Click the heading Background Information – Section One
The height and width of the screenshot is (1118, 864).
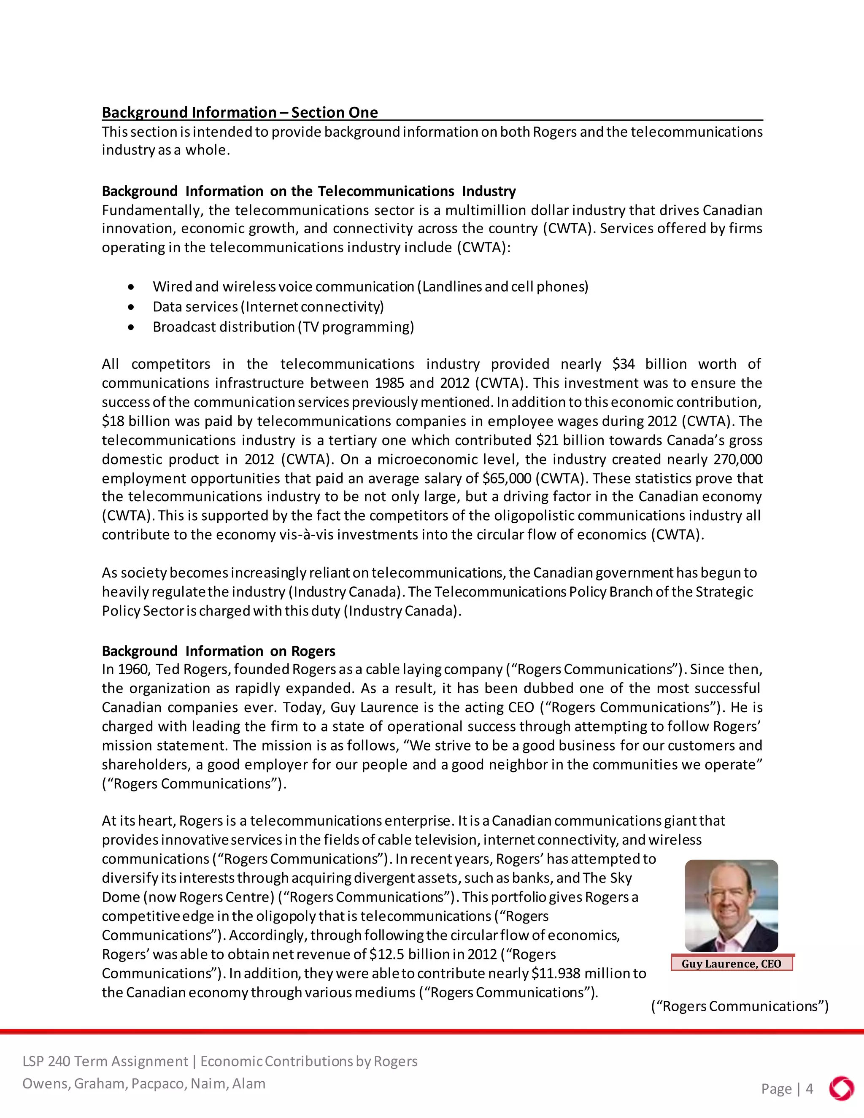pos(240,113)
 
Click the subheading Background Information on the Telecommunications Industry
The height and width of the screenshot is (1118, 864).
pos(309,192)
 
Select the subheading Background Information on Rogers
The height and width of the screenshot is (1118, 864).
pos(219,651)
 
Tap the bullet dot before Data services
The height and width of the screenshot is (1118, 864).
pos(132,307)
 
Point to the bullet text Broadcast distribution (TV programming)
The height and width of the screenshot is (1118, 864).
pos(283,327)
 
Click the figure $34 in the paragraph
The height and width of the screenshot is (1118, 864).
pos(624,365)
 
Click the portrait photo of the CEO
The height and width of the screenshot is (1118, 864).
pos(732,905)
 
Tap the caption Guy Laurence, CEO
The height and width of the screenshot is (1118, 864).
pos(732,964)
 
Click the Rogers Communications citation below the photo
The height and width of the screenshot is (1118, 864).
pos(740,1006)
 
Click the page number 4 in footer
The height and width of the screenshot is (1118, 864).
pos(809,1089)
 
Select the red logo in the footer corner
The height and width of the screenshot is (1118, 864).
pos(841,1089)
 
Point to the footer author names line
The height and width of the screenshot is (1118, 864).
pos(144,1084)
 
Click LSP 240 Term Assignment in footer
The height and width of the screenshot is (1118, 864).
pos(105,1061)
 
